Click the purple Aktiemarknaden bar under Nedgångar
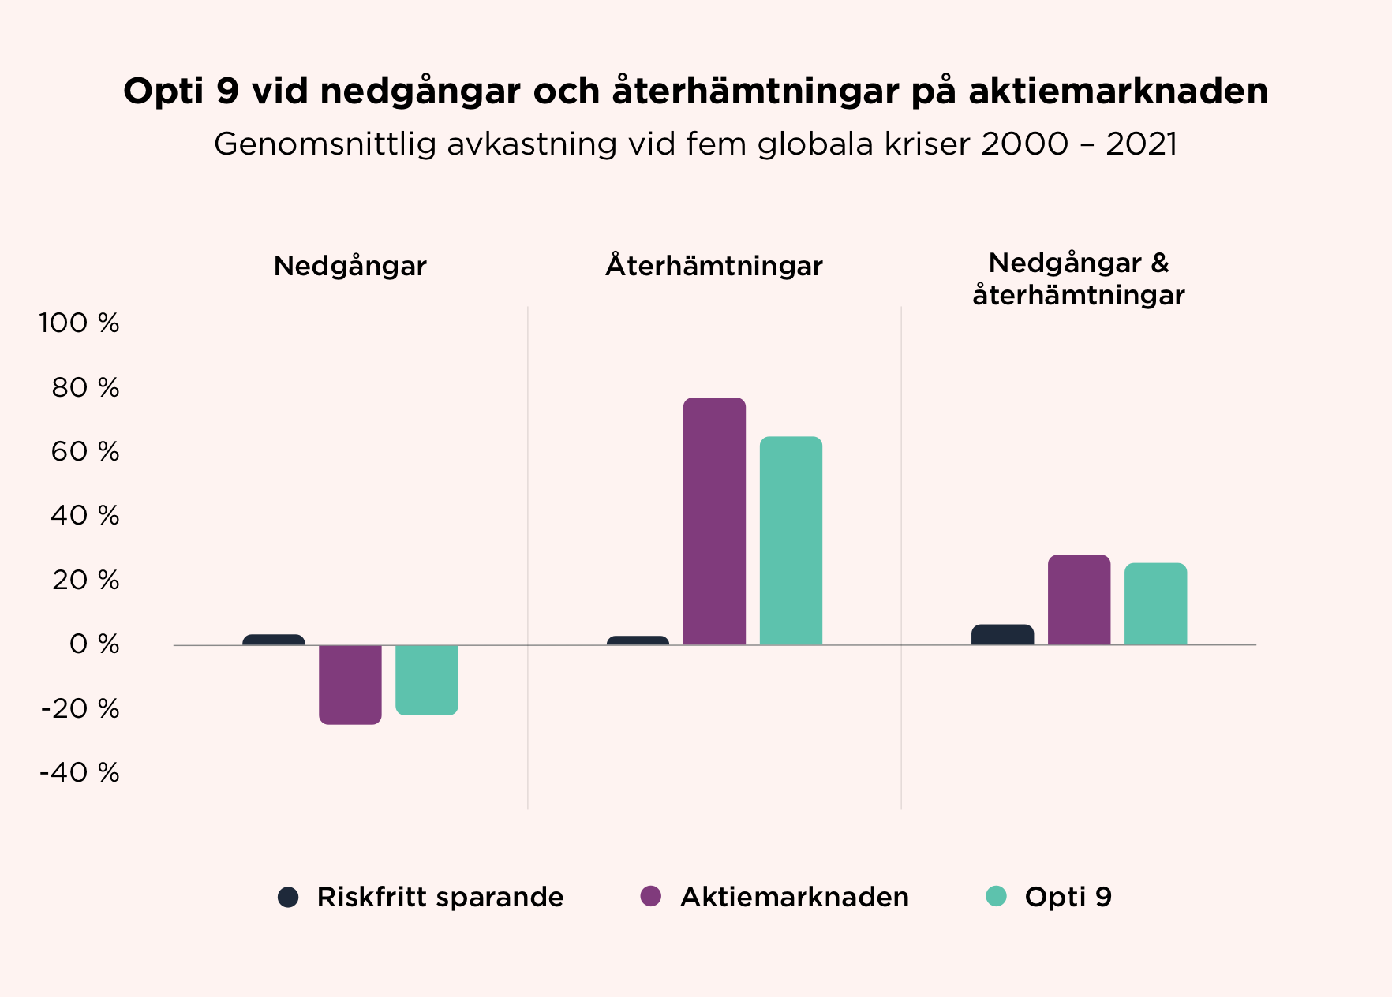[x=350, y=684]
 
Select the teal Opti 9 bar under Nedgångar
[x=426, y=679]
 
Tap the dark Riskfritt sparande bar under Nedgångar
[x=273, y=640]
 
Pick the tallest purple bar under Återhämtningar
[x=714, y=521]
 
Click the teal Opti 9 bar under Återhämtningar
[x=791, y=541]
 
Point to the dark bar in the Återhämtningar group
[x=638, y=640]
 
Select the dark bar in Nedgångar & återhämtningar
[x=1002, y=635]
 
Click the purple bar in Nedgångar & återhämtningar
[x=1079, y=600]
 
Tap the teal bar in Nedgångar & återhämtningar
[x=1155, y=604]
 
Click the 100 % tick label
[x=79, y=323]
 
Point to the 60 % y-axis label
[x=85, y=452]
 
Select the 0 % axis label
[x=94, y=644]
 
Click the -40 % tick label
[x=80, y=772]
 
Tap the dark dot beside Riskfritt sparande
[x=288, y=897]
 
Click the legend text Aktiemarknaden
[x=794, y=897]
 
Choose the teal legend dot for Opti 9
[x=997, y=896]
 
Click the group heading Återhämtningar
[x=713, y=266]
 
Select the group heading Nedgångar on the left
[x=350, y=266]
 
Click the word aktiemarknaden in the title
[x=1118, y=91]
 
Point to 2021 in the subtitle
[x=1141, y=144]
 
